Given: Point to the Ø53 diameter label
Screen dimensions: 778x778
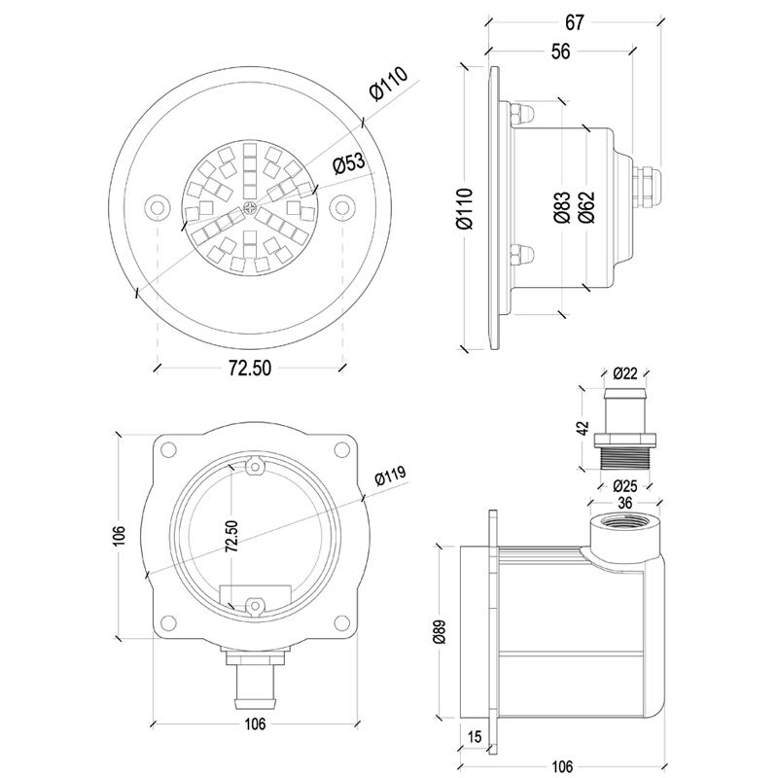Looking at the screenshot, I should (347, 164).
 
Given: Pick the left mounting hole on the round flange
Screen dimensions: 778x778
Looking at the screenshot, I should (158, 207).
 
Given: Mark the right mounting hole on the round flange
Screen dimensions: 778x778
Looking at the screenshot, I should (342, 207).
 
